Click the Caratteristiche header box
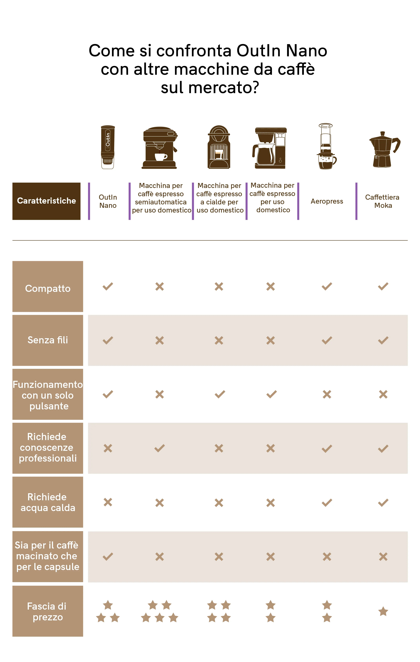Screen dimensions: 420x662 point(46,201)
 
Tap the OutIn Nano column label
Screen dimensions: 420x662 point(108,201)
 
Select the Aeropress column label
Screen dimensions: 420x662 point(327,201)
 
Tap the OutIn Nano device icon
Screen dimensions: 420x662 point(108,147)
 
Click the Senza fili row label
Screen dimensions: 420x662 point(48,340)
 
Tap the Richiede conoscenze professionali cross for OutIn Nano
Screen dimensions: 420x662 point(108,448)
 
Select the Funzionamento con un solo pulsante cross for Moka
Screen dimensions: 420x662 point(383,394)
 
